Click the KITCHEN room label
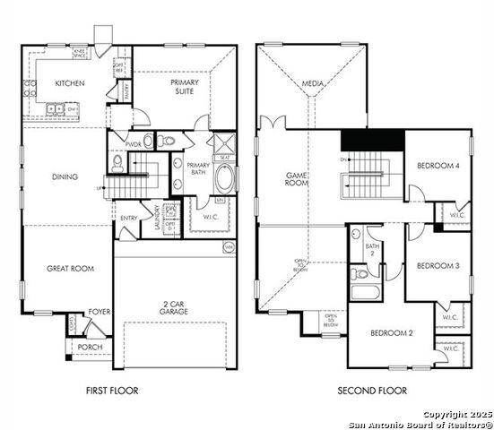coord(69,83)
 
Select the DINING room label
coord(65,176)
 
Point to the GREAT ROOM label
coord(71,268)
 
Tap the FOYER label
coord(99,313)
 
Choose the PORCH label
coord(91,347)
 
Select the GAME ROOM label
coord(297,180)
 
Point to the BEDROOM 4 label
coord(438,166)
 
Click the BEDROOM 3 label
coord(438,266)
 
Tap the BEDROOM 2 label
coord(392,333)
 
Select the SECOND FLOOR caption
coord(371,391)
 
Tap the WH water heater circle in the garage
coord(228,246)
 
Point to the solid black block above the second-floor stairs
coord(372,141)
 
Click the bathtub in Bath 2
coord(366,292)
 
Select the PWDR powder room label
coord(134,144)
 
